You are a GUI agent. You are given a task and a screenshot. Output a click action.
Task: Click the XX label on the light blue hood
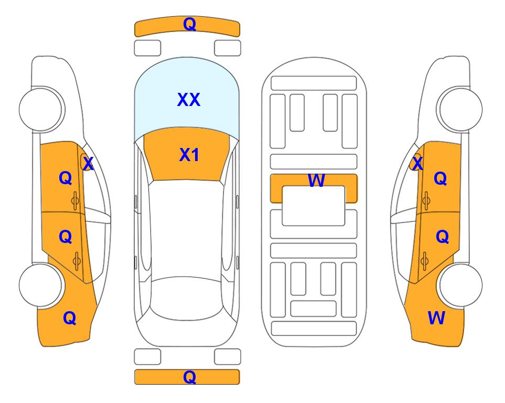tap(189, 100)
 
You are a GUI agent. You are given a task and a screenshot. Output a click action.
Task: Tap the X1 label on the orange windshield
tap(189, 155)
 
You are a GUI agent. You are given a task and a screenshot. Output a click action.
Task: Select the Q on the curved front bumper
tap(189, 24)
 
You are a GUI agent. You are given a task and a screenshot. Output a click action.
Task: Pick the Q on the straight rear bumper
tap(189, 377)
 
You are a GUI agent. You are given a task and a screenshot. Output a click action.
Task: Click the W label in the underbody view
tap(316, 180)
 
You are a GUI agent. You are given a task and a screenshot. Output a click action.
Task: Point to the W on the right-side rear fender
tap(436, 318)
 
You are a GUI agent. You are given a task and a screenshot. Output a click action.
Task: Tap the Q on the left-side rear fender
tap(70, 318)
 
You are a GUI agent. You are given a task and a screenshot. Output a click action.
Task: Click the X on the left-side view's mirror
tap(88, 164)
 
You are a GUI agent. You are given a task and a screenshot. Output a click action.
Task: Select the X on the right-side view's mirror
tap(417, 163)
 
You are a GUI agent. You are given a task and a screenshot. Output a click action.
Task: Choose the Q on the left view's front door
tap(66, 178)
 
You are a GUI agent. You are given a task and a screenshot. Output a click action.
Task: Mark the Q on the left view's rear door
tap(66, 237)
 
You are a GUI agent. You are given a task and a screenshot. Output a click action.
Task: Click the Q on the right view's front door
tap(440, 178)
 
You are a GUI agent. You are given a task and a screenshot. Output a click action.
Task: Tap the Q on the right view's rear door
tap(442, 237)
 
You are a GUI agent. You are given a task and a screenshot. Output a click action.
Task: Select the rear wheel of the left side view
tap(41, 285)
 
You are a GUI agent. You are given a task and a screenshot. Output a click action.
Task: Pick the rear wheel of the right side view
tap(460, 285)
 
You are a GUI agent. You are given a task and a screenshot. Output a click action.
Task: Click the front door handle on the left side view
tap(75, 201)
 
